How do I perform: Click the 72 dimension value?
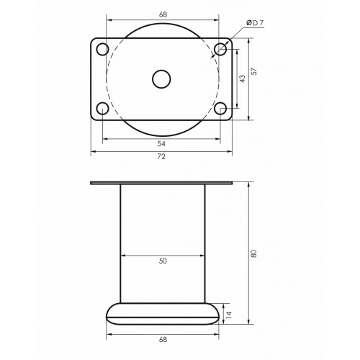pos(161,156)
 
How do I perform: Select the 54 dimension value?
pos(161,144)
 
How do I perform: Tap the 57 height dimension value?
pos(254,71)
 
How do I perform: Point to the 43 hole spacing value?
pos(243,78)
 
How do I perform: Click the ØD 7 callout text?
pos(255,23)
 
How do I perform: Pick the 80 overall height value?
pos(254,253)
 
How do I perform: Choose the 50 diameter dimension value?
pos(163,261)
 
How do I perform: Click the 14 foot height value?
pos(229,315)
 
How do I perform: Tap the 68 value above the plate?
pos(163,14)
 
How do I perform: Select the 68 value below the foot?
pos(163,340)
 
